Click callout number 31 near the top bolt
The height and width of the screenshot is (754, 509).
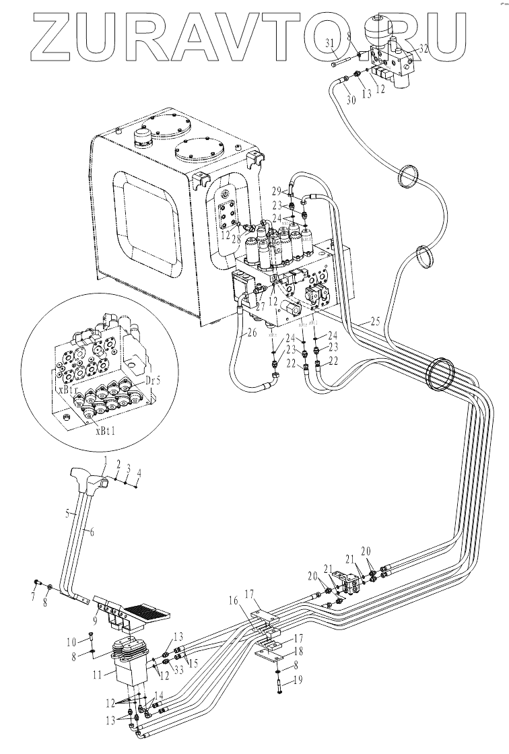pyautogui.click(x=330, y=44)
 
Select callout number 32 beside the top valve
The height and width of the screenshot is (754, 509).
pyautogui.click(x=423, y=48)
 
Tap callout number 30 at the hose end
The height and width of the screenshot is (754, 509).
pyautogui.click(x=349, y=100)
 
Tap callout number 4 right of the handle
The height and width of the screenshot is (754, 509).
pyautogui.click(x=139, y=473)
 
